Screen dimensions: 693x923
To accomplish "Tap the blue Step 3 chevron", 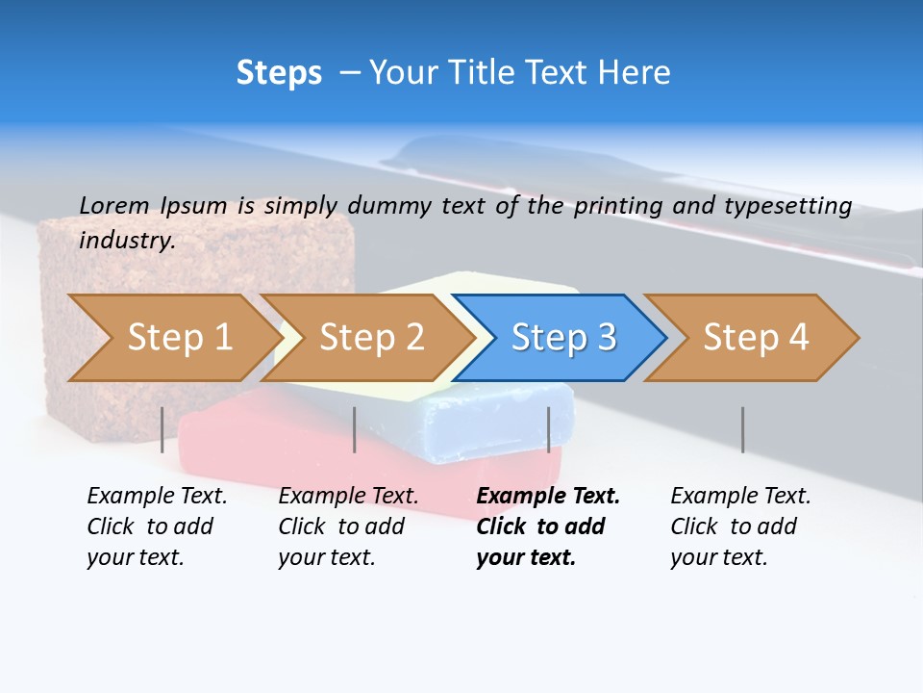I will click(x=563, y=338).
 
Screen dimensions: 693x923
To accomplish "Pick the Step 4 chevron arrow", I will click(x=756, y=338).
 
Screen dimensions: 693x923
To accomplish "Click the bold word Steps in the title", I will click(x=279, y=73).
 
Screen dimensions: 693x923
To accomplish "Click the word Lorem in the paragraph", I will click(x=113, y=205).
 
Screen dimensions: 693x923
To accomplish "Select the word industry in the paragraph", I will click(x=126, y=240).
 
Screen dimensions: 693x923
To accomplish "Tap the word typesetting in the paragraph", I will click(x=796, y=205).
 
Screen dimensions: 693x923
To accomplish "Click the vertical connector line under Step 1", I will click(x=162, y=429).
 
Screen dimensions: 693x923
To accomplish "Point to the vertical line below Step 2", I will click(x=355, y=429).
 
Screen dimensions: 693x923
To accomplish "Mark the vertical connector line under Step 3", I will click(x=549, y=429).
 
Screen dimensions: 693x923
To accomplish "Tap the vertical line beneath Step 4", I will click(x=742, y=429).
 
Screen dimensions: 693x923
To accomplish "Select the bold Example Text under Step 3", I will click(x=548, y=497).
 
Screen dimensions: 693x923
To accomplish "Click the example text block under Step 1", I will click(x=156, y=526).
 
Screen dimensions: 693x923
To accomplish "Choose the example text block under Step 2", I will click(x=347, y=526).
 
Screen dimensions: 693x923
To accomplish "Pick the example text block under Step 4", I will click(x=739, y=526).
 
